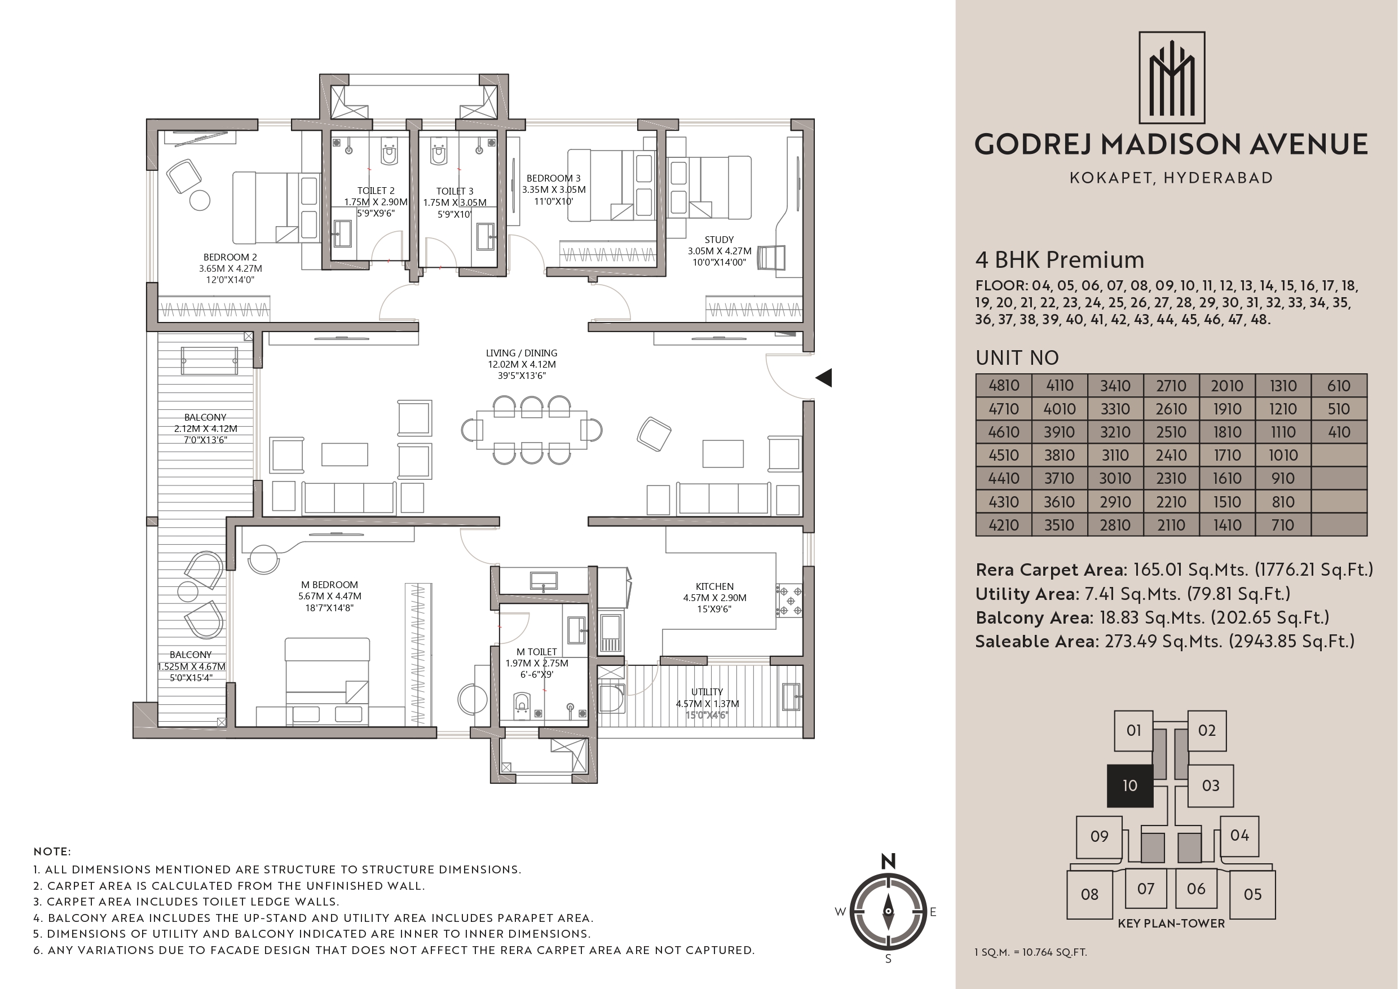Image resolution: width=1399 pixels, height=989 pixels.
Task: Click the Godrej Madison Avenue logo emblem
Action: point(1172,77)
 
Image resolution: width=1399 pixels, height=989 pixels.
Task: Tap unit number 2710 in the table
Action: point(1171,386)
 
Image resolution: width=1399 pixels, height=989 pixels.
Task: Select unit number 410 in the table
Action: point(1339,432)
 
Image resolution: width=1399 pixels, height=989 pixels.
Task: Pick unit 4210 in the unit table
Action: point(1004,524)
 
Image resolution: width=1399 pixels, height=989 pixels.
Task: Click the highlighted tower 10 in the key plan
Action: point(1129,785)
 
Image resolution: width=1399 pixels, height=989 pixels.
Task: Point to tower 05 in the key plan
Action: point(1252,894)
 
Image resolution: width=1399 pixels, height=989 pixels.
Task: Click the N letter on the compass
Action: point(888,861)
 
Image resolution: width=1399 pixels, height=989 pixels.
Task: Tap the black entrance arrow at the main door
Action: point(824,378)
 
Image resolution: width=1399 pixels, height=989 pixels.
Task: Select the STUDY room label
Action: point(719,240)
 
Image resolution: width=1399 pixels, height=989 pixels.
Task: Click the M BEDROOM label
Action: point(330,584)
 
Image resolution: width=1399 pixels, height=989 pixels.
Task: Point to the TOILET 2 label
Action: point(376,191)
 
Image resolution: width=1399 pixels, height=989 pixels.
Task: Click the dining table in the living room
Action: point(532,430)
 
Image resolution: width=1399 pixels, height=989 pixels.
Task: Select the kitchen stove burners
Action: point(789,601)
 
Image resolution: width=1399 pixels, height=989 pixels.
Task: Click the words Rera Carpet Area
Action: point(1050,569)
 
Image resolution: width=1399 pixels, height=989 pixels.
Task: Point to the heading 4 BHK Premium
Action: point(1060,259)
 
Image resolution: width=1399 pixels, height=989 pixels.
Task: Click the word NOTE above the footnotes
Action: point(52,851)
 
